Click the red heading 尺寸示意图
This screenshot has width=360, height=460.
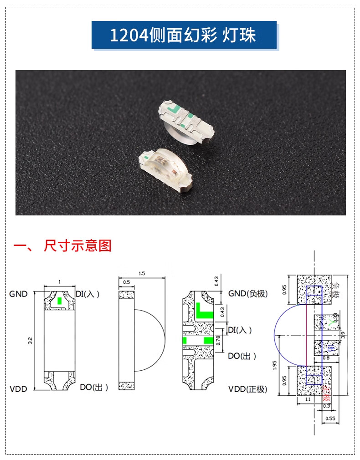(x=77, y=246)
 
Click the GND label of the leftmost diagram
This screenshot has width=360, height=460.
(x=18, y=294)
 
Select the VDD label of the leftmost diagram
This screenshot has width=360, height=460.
(x=18, y=389)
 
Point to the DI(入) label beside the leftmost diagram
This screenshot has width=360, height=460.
(x=87, y=294)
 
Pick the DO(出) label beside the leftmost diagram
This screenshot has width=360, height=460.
(x=94, y=388)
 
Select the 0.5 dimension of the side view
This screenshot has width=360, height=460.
(x=126, y=283)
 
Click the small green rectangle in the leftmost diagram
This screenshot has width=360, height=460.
(x=60, y=301)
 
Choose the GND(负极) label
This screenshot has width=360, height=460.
(x=248, y=294)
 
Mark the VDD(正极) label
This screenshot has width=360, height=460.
(x=247, y=389)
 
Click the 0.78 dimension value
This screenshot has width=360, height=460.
(x=218, y=340)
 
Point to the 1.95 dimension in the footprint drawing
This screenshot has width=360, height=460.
(x=275, y=366)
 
